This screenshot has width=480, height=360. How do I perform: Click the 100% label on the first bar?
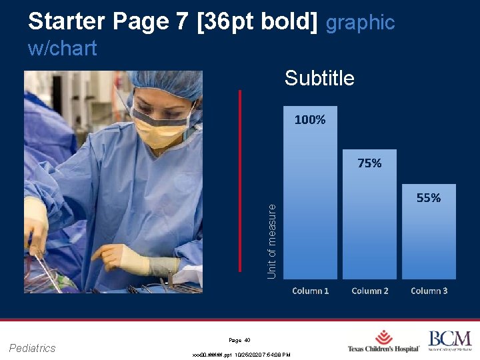pyautogui.click(x=310, y=120)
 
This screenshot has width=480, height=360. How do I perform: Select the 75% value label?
pyautogui.click(x=369, y=163)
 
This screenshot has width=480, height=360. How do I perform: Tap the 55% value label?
pyautogui.click(x=428, y=198)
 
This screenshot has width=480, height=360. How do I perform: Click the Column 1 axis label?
pyautogui.click(x=311, y=291)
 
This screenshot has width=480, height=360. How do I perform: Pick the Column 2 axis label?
pyautogui.click(x=370, y=291)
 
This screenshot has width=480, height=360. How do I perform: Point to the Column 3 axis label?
pyautogui.click(x=429, y=291)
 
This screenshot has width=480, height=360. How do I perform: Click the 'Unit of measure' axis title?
pyautogui.click(x=272, y=241)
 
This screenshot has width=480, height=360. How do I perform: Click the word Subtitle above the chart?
pyautogui.click(x=319, y=79)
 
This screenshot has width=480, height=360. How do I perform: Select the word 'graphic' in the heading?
pyautogui.click(x=360, y=23)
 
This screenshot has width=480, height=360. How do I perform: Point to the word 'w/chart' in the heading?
pyautogui.click(x=63, y=48)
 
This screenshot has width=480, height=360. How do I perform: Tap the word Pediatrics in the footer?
pyautogui.click(x=33, y=347)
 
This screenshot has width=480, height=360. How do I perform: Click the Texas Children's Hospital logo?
pyautogui.click(x=383, y=341)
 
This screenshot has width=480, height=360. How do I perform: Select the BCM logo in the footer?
pyautogui.click(x=449, y=341)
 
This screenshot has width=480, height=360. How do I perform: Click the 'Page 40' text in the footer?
pyautogui.click(x=239, y=340)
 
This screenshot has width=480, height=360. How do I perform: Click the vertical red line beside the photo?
pyautogui.click(x=239, y=180)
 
